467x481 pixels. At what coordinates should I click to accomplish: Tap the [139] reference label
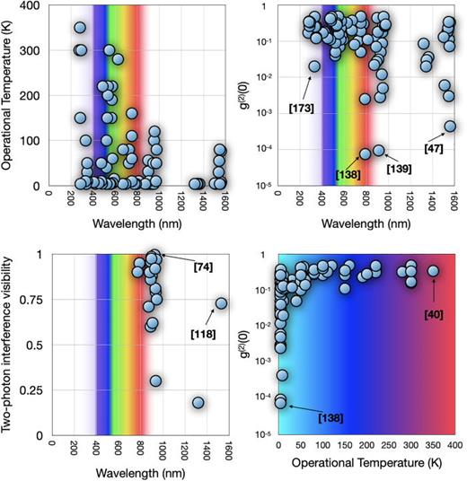click(x=400, y=168)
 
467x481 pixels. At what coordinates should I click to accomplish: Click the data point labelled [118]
click(x=221, y=303)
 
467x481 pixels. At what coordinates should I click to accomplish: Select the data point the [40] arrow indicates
click(x=433, y=270)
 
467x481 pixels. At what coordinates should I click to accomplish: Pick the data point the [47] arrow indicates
click(x=450, y=127)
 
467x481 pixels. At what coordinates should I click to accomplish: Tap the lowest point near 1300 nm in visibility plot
click(x=198, y=403)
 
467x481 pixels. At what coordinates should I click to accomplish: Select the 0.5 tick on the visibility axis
click(x=36, y=345)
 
